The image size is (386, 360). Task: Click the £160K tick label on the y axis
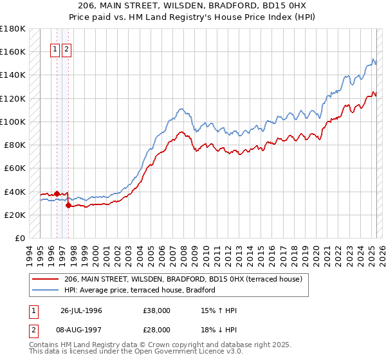click(x=13, y=51)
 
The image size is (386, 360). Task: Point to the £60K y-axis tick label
click(x=15, y=168)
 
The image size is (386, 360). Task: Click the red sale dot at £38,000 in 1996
click(x=57, y=193)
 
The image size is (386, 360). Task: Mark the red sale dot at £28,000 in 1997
click(x=68, y=205)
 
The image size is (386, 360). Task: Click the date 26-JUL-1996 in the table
click(x=81, y=310)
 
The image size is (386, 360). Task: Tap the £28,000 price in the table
click(x=157, y=328)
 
